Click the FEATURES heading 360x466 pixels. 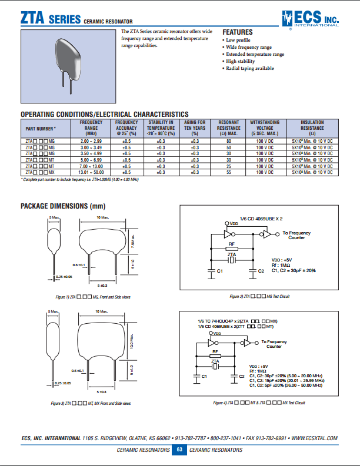click(x=237, y=32)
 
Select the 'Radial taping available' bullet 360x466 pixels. click(x=250, y=68)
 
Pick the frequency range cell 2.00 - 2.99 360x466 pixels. click(x=91, y=142)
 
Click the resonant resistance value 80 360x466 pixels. click(x=229, y=142)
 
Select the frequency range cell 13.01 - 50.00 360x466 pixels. click(x=91, y=173)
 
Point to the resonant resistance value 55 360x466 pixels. click(x=229, y=173)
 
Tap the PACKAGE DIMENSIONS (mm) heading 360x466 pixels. click(x=63, y=206)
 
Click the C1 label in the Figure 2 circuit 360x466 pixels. click(x=219, y=271)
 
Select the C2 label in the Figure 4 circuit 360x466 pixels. click(x=241, y=376)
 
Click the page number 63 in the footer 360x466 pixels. click(x=179, y=450)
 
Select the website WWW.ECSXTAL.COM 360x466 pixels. click(x=315, y=438)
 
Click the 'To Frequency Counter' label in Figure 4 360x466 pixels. click(x=274, y=344)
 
